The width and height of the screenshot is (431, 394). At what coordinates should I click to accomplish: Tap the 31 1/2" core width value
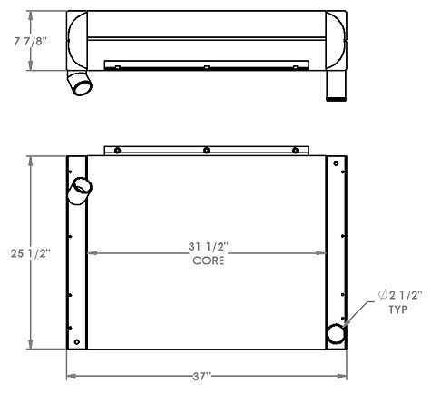tap(208, 247)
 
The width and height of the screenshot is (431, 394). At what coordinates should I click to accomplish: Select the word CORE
tap(208, 261)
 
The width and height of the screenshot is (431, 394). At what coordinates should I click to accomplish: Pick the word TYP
tap(397, 310)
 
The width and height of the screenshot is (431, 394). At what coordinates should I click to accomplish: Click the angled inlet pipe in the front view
tap(80, 189)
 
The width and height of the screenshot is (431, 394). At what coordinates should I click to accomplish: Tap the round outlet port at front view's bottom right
tap(336, 333)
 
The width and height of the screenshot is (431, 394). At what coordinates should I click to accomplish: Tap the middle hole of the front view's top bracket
tap(207, 150)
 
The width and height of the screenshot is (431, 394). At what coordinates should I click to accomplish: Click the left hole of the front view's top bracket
tap(118, 150)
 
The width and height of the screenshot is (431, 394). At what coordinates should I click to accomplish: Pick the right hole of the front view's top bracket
tap(295, 150)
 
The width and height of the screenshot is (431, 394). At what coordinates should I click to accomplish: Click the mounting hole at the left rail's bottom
tap(72, 332)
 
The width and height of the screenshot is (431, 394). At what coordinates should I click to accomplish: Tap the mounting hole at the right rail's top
tap(336, 163)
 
